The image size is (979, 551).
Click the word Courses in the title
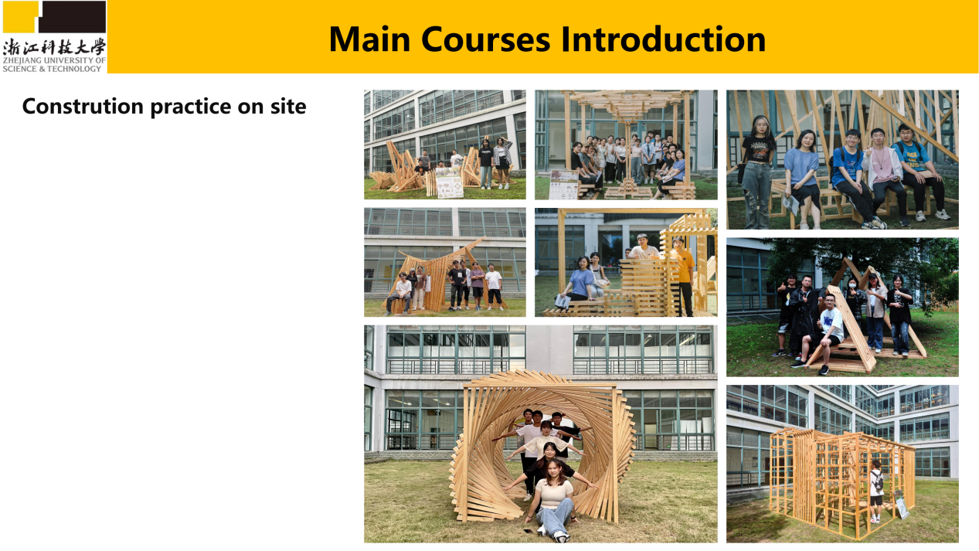click(485, 39)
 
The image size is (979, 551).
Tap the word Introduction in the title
click(663, 39)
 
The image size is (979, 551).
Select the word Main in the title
click(369, 39)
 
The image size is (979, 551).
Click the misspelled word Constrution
click(83, 106)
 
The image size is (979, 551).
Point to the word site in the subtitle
click(288, 106)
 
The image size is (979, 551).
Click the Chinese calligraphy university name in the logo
click(54, 47)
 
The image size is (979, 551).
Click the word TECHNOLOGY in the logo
click(74, 69)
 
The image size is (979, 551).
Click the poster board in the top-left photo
click(449, 182)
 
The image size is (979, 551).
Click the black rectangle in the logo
click(73, 16)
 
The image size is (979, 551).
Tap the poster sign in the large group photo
click(564, 185)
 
